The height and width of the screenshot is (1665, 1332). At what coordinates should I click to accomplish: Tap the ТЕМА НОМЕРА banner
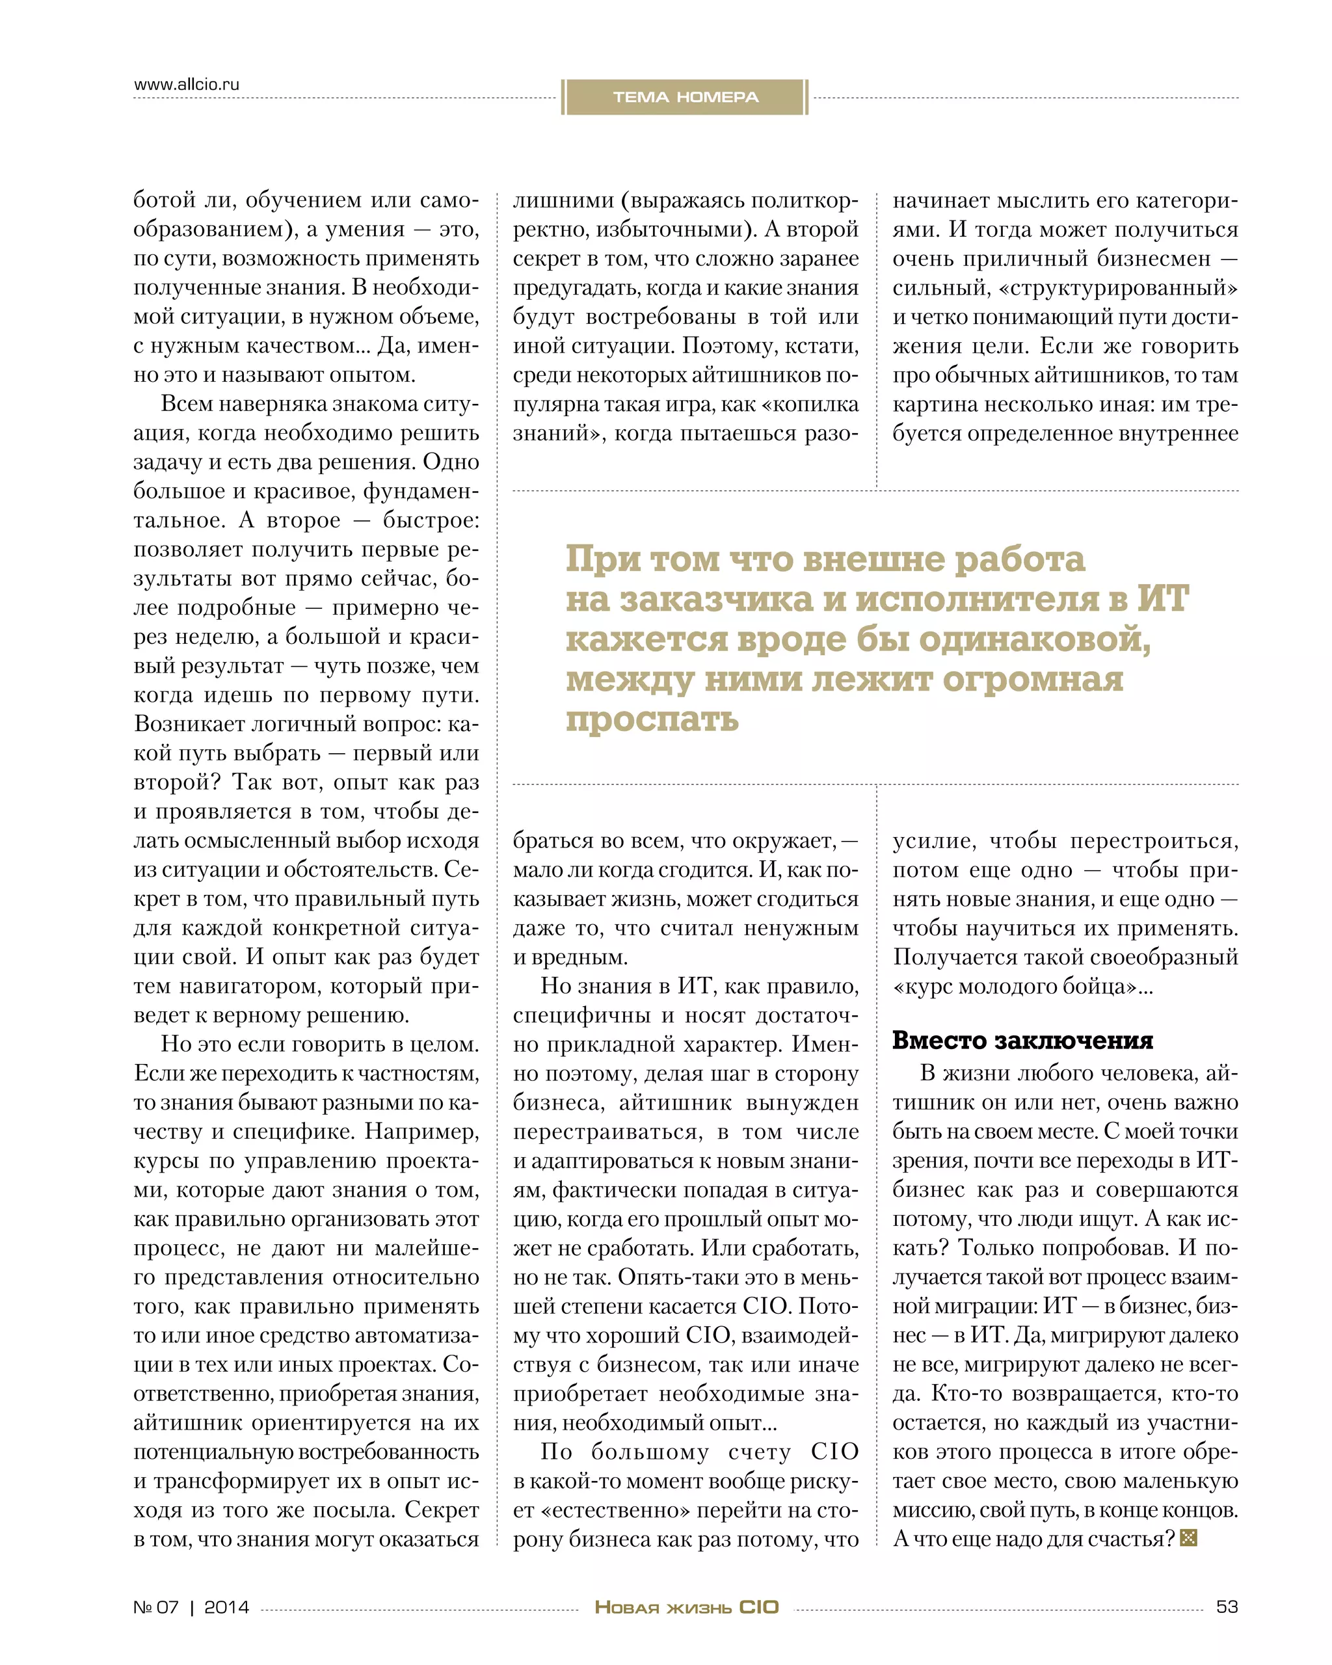click(x=685, y=98)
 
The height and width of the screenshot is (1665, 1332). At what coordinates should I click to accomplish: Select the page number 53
click(x=1226, y=1606)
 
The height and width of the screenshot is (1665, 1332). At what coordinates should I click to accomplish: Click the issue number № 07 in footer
click(x=156, y=1607)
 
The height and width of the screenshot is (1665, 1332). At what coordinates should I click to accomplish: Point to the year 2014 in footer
click(x=226, y=1607)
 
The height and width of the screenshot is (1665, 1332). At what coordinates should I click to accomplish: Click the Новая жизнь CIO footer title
click(x=686, y=1607)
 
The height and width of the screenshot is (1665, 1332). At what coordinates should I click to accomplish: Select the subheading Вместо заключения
click(x=1022, y=1040)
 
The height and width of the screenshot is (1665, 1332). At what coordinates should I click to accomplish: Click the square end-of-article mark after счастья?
click(x=1188, y=1538)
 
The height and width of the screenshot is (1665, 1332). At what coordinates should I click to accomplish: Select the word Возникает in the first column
click(x=189, y=725)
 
